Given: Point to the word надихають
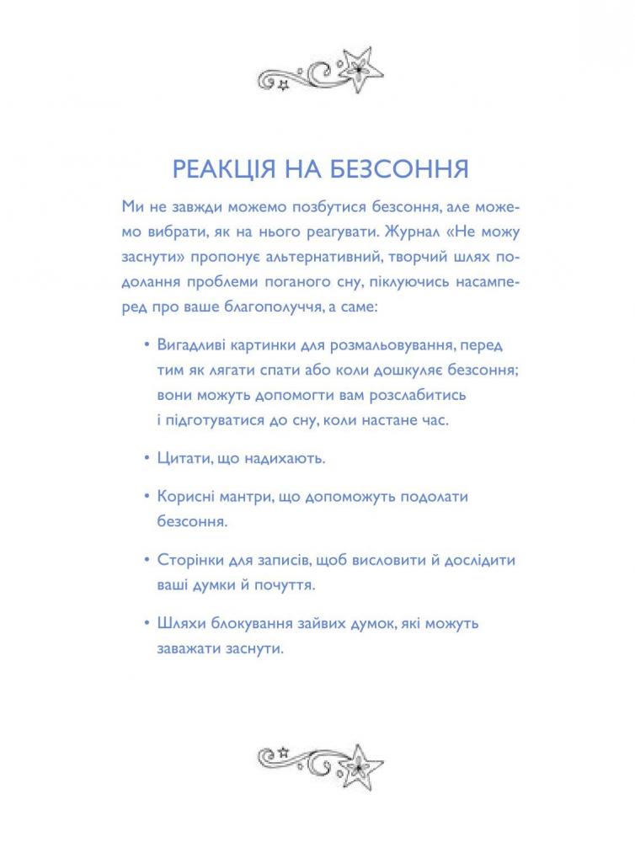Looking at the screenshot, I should [285, 459].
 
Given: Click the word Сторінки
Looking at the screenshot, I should [190, 560].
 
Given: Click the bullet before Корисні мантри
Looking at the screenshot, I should [147, 497].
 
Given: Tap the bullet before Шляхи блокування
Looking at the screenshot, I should [147, 625].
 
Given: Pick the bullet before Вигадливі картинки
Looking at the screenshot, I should [147, 346].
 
